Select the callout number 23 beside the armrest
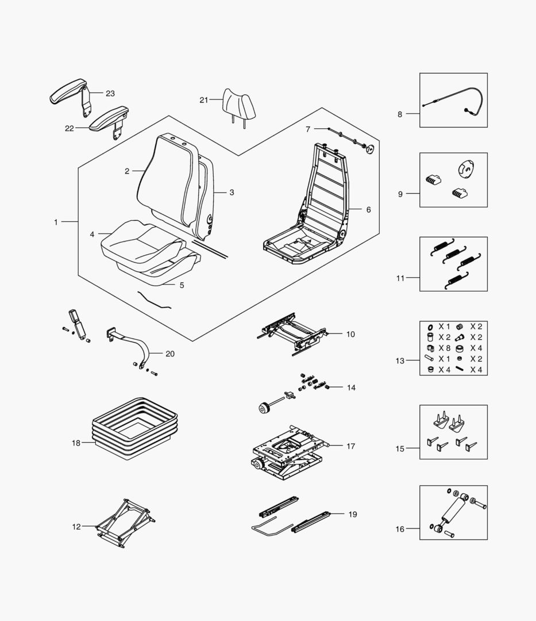coord(110,94)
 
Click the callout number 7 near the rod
coord(308,129)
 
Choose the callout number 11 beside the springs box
coord(400,278)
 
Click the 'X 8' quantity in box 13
coord(444,348)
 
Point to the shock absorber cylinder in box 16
coord(455,511)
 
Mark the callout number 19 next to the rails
coord(353,515)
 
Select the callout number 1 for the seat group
coord(56,222)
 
